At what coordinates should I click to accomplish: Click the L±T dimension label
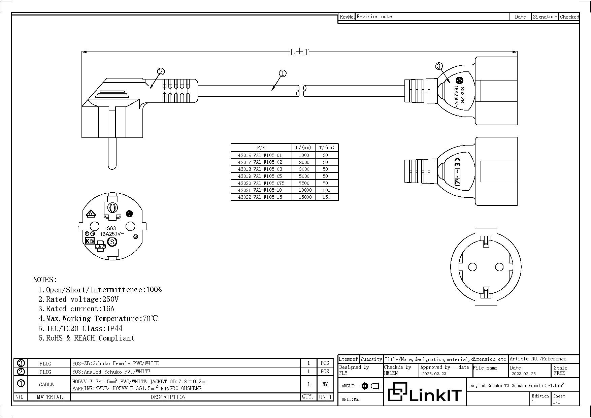299,52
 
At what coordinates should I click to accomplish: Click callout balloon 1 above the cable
283,73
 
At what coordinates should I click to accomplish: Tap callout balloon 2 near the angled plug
161,71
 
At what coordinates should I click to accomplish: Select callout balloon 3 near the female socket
439,66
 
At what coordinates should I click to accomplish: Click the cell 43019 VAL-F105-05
260,176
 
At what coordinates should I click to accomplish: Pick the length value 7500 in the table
304,183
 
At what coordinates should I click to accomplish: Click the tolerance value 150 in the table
326,197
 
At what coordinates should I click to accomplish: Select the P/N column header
261,148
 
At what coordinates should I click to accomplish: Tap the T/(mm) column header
326,148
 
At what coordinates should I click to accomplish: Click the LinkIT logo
425,392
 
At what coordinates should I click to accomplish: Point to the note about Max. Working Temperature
98,319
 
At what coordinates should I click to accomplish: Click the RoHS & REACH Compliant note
87,338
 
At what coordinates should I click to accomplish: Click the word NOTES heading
45,280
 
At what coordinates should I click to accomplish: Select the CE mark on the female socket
457,161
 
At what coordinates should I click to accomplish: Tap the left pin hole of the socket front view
472,267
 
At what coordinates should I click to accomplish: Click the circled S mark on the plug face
112,242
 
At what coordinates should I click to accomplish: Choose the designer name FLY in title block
343,373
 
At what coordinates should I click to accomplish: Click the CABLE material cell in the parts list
46,384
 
